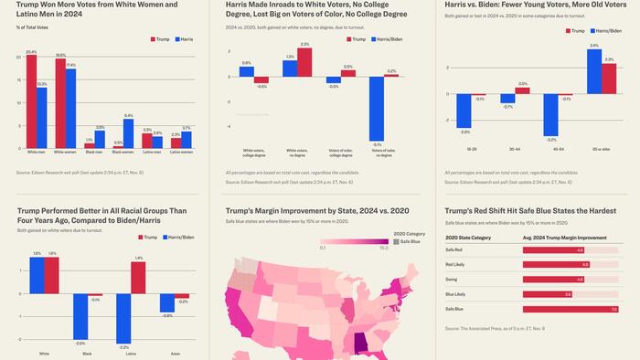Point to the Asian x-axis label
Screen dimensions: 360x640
click(173, 348)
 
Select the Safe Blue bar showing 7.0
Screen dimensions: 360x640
click(568, 309)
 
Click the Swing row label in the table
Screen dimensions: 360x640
click(453, 280)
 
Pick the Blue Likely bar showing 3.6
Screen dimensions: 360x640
click(548, 294)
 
